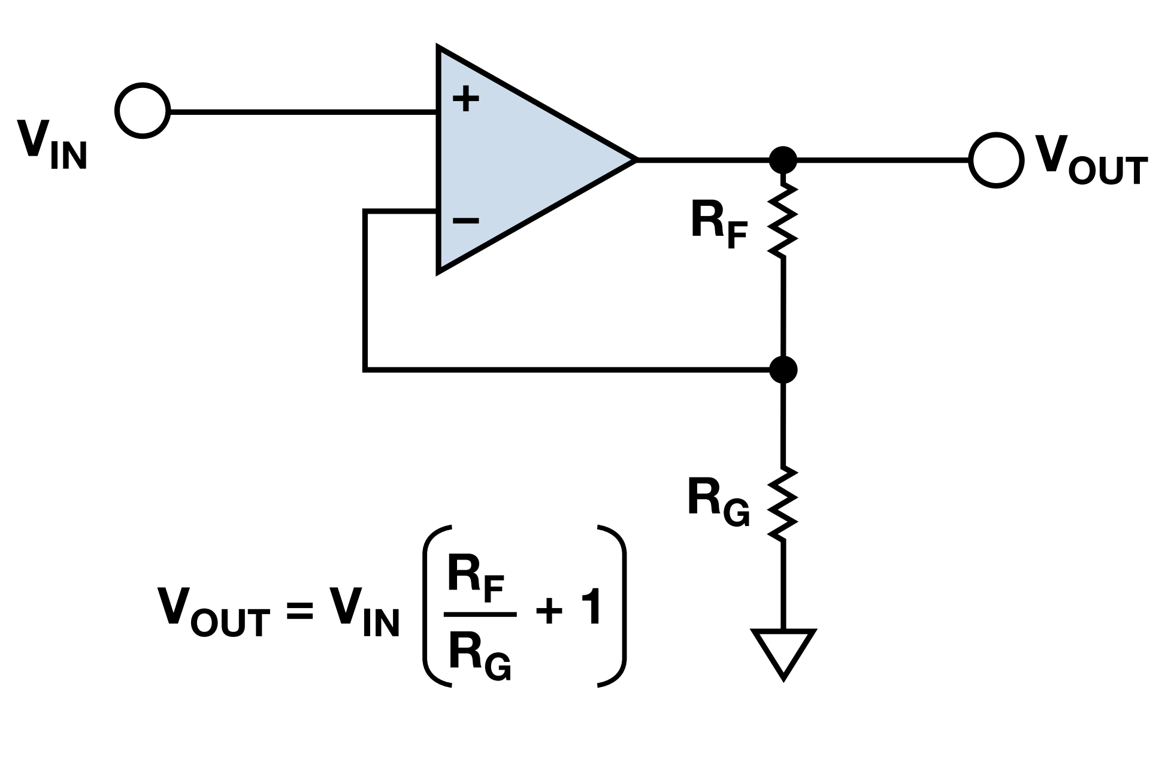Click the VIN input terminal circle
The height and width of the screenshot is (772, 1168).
[x=143, y=111]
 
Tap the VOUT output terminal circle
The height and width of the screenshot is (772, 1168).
[x=995, y=160]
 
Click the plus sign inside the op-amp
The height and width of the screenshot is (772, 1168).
[x=465, y=100]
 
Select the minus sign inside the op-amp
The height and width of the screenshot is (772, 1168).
[x=465, y=221]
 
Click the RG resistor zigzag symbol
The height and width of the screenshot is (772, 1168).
[x=783, y=504]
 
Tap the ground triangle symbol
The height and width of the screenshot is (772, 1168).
[x=783, y=649]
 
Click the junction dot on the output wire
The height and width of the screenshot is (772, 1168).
[x=783, y=160]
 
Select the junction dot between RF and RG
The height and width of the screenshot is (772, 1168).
[x=783, y=369]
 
